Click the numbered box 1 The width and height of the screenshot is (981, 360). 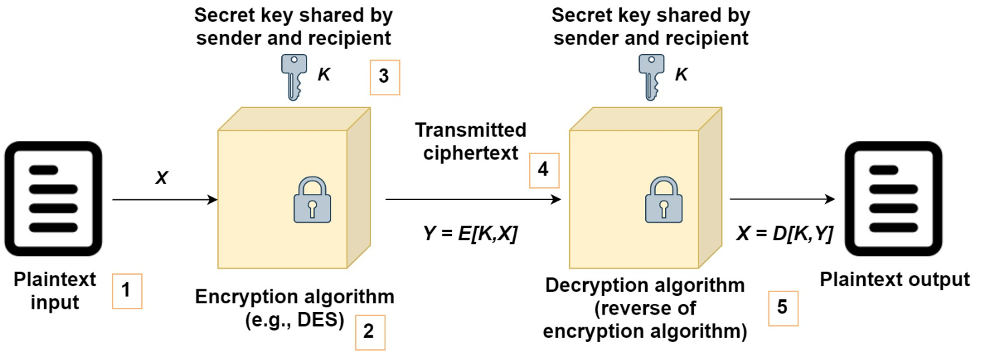coord(127,291)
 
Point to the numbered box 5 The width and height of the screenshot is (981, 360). coord(782,308)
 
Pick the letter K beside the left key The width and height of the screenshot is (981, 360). coord(323,75)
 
